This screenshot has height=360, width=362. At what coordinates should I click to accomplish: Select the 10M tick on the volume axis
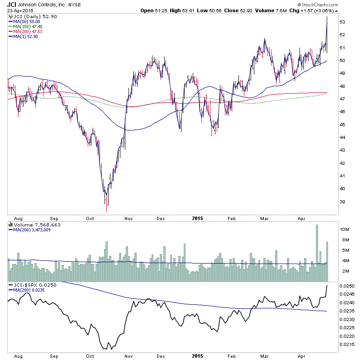[x=345, y=230]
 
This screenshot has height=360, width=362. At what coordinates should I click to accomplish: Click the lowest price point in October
[x=107, y=211]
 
